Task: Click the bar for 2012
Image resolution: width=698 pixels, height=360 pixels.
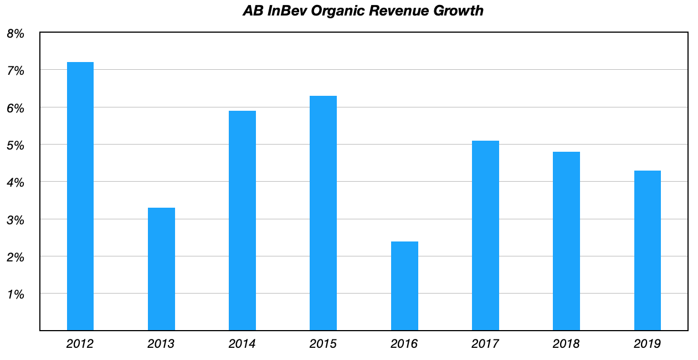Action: tap(80, 196)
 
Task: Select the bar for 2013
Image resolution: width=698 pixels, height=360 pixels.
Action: tap(161, 269)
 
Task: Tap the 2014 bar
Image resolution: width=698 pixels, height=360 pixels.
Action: tap(242, 220)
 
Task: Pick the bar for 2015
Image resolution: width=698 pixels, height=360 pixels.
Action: tap(323, 213)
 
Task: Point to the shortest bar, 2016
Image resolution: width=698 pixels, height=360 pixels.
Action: tap(404, 286)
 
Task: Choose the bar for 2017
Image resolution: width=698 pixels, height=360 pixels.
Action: tap(485, 235)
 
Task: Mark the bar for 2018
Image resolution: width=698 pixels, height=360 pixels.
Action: tap(566, 241)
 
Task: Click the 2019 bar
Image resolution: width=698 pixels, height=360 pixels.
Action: tap(647, 250)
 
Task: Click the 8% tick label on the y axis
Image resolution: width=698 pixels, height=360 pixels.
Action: tap(16, 34)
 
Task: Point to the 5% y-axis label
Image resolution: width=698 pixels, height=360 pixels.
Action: tap(16, 145)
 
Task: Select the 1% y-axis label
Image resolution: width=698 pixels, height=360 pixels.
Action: tap(16, 294)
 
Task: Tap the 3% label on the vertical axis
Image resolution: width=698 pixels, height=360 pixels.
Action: tap(16, 220)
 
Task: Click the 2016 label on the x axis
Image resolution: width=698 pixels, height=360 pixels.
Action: tap(404, 344)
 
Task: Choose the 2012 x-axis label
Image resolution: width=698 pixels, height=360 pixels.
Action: tap(80, 344)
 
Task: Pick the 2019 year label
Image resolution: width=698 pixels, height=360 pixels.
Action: tap(647, 344)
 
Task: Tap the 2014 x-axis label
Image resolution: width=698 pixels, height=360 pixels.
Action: tap(242, 344)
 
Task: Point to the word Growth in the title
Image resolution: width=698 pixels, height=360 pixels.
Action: tap(460, 11)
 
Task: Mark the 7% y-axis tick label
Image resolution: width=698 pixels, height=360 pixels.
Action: tap(16, 71)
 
